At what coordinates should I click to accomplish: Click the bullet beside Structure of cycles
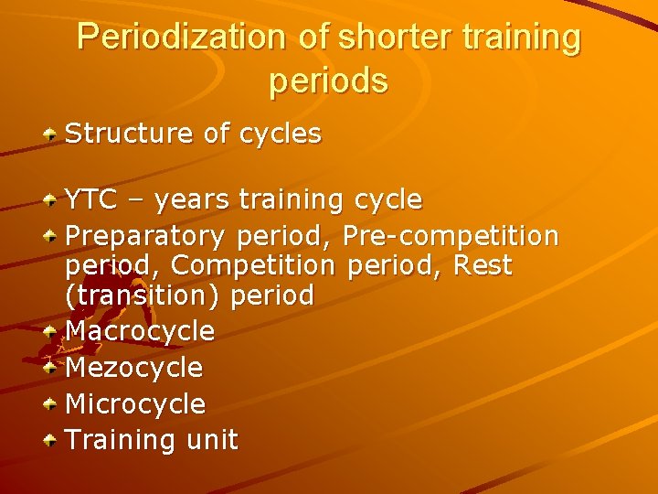[52, 134]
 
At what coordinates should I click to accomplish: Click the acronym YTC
[89, 199]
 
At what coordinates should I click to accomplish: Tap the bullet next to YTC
[52, 199]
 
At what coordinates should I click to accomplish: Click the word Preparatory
[144, 237]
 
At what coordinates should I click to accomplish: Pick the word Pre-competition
[450, 236]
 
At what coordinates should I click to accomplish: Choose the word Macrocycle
[140, 330]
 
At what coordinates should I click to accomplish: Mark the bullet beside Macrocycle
[52, 330]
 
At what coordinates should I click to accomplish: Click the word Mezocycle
[134, 367]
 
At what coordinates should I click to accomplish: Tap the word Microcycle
[135, 403]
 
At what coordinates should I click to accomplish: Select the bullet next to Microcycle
[52, 403]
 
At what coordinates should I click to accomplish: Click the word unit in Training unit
[211, 440]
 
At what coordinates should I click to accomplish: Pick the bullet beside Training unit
[52, 440]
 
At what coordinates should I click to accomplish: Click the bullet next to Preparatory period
[52, 236]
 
